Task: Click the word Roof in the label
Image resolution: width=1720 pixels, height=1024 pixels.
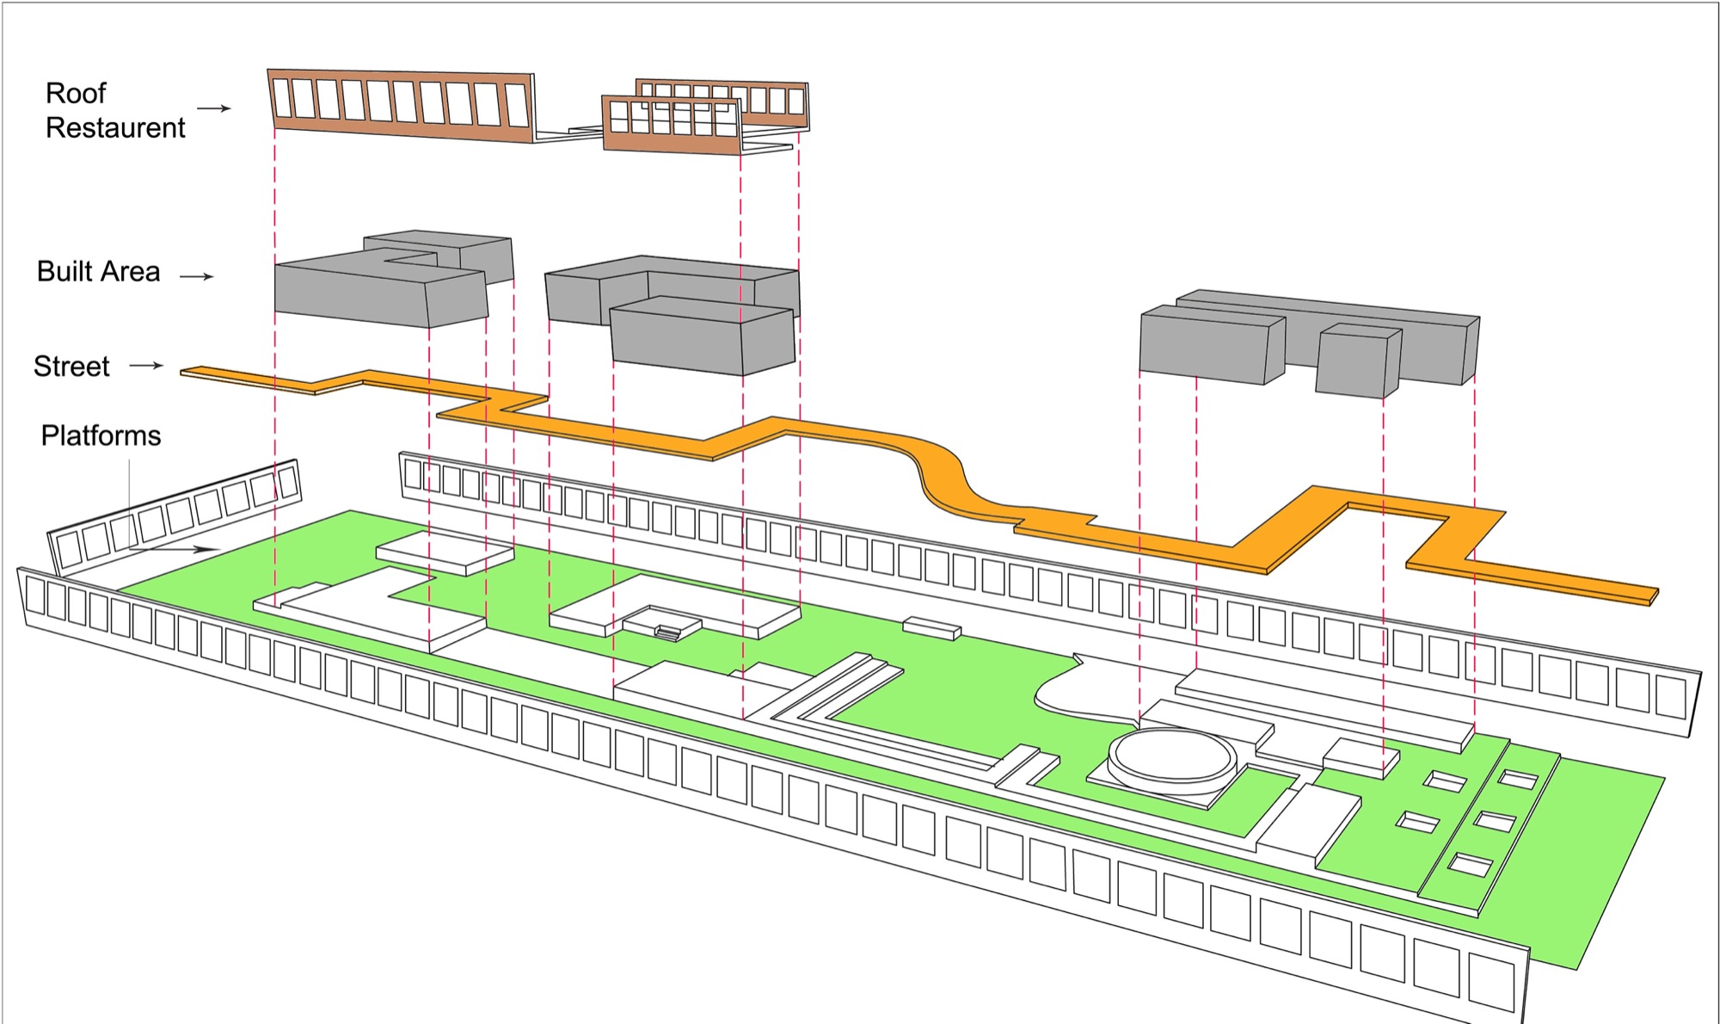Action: click(76, 93)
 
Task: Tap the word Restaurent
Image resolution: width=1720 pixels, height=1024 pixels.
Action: click(115, 127)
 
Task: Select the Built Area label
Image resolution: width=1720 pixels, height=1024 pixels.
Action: click(98, 272)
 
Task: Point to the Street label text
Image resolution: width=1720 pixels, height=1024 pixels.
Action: click(71, 367)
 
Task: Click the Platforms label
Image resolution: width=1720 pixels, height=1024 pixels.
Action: click(101, 435)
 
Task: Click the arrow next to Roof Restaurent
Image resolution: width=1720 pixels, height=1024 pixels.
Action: click(214, 108)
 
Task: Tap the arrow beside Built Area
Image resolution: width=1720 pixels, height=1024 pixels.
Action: click(196, 276)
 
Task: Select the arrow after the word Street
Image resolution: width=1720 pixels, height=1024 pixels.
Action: click(146, 366)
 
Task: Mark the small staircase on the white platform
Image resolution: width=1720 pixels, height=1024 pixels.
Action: click(668, 632)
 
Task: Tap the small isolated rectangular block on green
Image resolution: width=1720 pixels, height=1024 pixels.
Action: click(931, 627)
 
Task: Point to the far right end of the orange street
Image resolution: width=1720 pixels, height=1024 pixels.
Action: click(1651, 595)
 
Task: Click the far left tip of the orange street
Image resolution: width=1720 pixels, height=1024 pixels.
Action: click(186, 372)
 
